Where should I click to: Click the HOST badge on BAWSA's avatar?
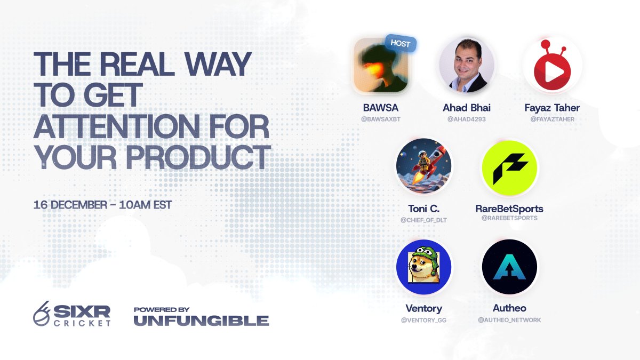[x=400, y=44]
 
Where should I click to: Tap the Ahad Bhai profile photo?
[x=467, y=65]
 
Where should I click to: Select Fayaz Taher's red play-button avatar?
[x=552, y=67]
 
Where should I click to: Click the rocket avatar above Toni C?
[x=423, y=166]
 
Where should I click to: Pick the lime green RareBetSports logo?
[x=509, y=167]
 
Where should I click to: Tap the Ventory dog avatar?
[x=423, y=267]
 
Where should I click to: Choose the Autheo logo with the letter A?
[x=509, y=267]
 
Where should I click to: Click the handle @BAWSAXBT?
[x=381, y=119]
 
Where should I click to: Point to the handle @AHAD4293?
[x=467, y=119]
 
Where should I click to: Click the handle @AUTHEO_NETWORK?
[x=509, y=319]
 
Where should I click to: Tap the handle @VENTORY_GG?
[x=423, y=319]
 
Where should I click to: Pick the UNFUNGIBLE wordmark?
[x=201, y=321]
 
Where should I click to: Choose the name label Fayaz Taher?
[x=552, y=108]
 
